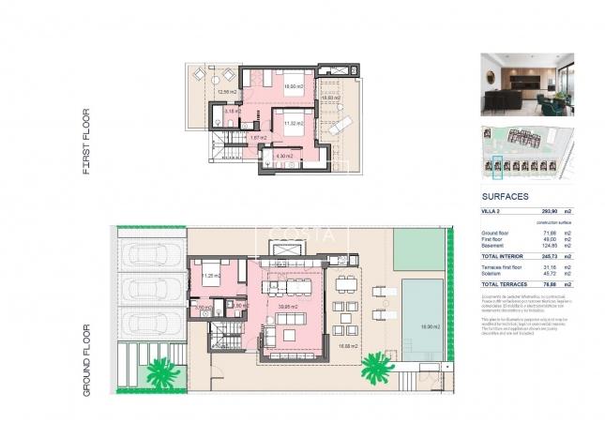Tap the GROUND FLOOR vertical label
87,359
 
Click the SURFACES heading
505,197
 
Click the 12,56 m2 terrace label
225,92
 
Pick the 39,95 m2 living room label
288,306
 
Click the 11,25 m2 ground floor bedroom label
212,276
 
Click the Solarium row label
492,273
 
